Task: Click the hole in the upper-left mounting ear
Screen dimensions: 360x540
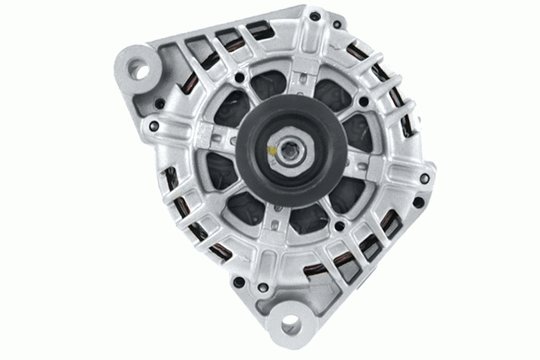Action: click(x=143, y=64)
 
